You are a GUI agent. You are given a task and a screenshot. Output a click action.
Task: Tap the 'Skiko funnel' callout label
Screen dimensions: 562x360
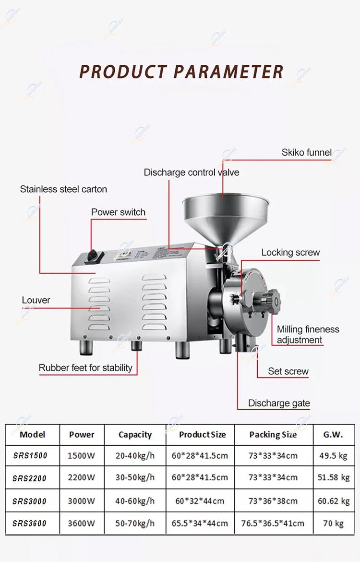click(306, 152)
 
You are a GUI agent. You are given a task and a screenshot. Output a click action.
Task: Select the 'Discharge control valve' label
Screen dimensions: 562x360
click(191, 172)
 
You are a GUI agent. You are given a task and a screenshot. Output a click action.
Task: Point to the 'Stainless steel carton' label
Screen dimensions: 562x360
click(63, 189)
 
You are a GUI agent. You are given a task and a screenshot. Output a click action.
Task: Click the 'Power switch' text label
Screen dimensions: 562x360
click(118, 212)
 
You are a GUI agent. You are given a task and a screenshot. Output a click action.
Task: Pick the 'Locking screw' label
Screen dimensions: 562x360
click(290, 252)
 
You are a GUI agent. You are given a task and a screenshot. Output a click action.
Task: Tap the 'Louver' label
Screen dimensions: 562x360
click(36, 300)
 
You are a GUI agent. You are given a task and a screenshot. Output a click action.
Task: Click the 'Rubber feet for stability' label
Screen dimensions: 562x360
click(85, 368)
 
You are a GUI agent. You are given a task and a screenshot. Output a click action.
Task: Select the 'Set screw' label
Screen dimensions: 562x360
click(288, 371)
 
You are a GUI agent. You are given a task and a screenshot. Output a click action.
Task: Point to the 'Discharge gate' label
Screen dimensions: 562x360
click(279, 403)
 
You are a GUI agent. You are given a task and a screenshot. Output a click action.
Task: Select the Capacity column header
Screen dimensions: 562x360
click(135, 435)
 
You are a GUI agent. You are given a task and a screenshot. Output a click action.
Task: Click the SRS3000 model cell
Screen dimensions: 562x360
click(30, 501)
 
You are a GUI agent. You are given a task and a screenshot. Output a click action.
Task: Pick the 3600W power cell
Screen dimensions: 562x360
click(82, 523)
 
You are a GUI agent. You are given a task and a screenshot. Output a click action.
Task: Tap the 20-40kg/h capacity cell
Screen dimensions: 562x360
click(135, 456)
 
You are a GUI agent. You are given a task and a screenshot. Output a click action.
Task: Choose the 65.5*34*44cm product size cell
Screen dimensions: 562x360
click(200, 523)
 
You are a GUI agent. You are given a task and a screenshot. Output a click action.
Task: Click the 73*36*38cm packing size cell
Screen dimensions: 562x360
click(273, 501)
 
